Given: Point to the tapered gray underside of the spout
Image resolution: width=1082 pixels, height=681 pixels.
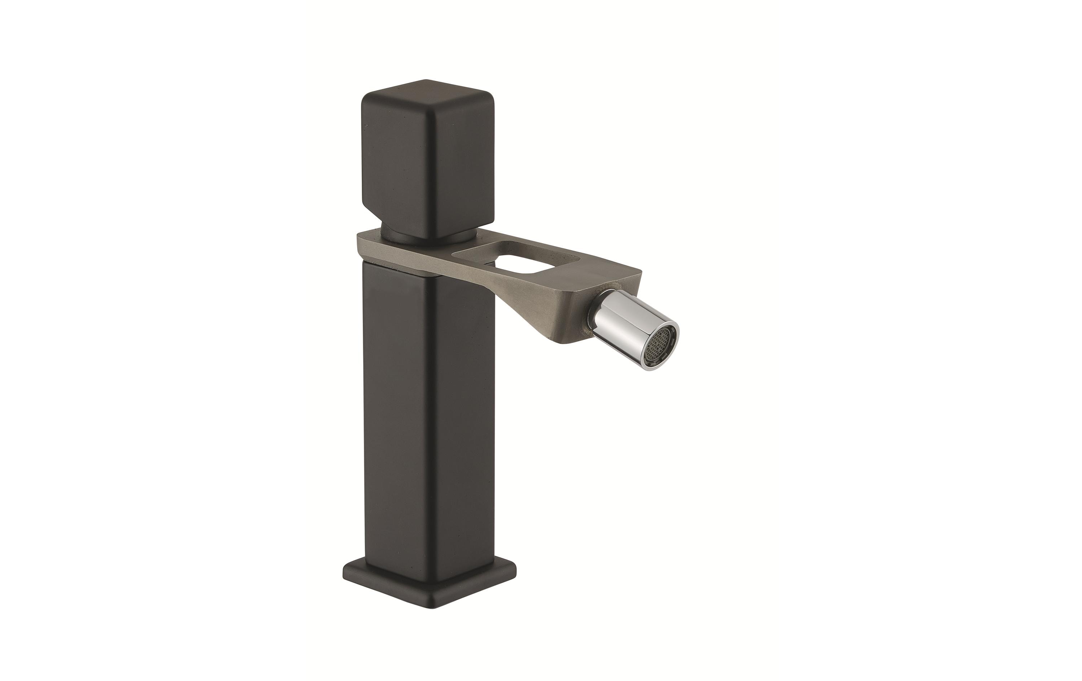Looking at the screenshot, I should tap(553, 310).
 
